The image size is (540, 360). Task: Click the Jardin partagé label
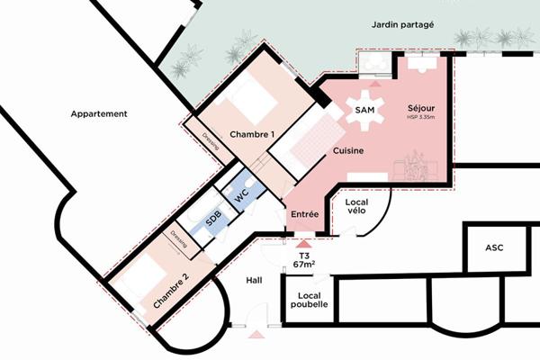pyautogui.click(x=403, y=26)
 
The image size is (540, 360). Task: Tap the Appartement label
pyautogui.click(x=99, y=114)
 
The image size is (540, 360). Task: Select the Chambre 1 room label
pyautogui.click(x=252, y=134)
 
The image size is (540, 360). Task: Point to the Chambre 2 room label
pyautogui.click(x=171, y=290)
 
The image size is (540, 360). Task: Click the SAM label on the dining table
pyautogui.click(x=364, y=110)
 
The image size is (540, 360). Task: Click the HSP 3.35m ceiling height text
pyautogui.click(x=420, y=117)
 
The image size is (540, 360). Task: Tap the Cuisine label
pyautogui.click(x=346, y=151)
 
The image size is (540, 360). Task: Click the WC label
pyautogui.click(x=241, y=195)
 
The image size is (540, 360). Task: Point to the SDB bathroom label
pyautogui.click(x=214, y=219)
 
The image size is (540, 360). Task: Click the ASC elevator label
pyautogui.click(x=494, y=247)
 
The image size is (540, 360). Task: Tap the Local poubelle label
pyautogui.click(x=307, y=299)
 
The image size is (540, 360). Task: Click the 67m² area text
pyautogui.click(x=303, y=265)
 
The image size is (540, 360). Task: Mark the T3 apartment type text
pyautogui.click(x=303, y=255)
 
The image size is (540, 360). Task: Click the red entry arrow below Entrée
pyautogui.click(x=303, y=241)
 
